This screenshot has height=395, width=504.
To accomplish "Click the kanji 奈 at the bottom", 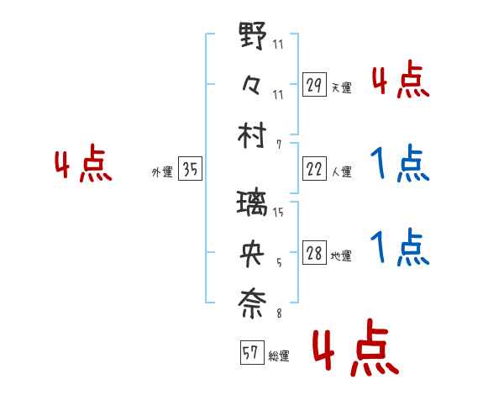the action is (253, 303).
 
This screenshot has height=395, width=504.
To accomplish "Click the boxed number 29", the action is (314, 84).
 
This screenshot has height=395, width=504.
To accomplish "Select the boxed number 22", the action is (314, 169).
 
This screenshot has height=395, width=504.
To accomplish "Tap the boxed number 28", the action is (314, 254).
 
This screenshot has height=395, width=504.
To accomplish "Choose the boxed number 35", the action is (190, 170).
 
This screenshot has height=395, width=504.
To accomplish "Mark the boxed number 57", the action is (251, 354).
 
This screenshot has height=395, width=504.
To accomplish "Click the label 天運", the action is (340, 87).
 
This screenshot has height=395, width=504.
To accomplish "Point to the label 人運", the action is (340, 172).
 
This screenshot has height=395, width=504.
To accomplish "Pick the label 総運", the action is (278, 356).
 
